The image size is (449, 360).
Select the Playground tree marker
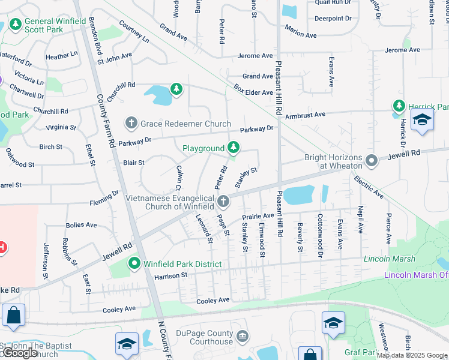(x=234, y=148)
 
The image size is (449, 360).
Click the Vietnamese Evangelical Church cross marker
(x=223, y=200)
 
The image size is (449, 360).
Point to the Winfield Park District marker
(x=134, y=263)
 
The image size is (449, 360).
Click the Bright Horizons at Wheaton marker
(x=372, y=161)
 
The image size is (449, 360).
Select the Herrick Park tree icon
(x=399, y=106)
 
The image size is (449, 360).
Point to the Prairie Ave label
(x=258, y=215)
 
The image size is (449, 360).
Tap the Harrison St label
(x=171, y=275)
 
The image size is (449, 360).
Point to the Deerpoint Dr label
(x=333, y=19)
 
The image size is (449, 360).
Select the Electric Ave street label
(x=369, y=187)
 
